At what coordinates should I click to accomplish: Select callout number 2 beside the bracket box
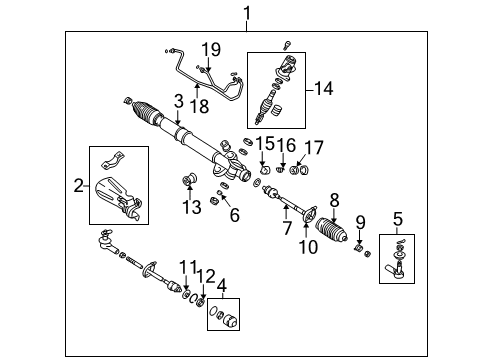(77, 185)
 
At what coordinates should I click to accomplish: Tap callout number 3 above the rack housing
(178, 101)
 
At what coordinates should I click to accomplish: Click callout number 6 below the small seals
(234, 213)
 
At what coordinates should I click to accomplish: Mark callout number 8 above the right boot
(334, 199)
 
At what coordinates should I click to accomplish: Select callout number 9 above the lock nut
(361, 223)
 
